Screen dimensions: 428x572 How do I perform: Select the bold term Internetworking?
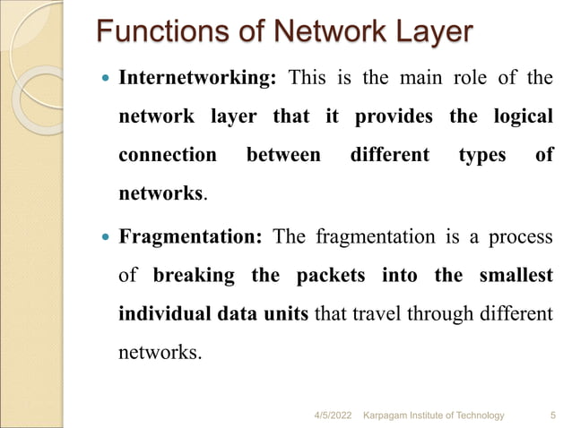(196, 78)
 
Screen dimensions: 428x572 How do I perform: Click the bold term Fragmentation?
(191, 237)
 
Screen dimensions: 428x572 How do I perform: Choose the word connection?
(168, 155)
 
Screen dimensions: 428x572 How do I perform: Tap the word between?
(283, 155)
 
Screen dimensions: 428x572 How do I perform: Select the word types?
(482, 155)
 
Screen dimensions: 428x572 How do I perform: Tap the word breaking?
(195, 275)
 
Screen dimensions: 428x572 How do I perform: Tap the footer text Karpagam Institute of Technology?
(432, 415)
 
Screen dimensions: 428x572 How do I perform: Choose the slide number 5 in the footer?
(550, 415)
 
